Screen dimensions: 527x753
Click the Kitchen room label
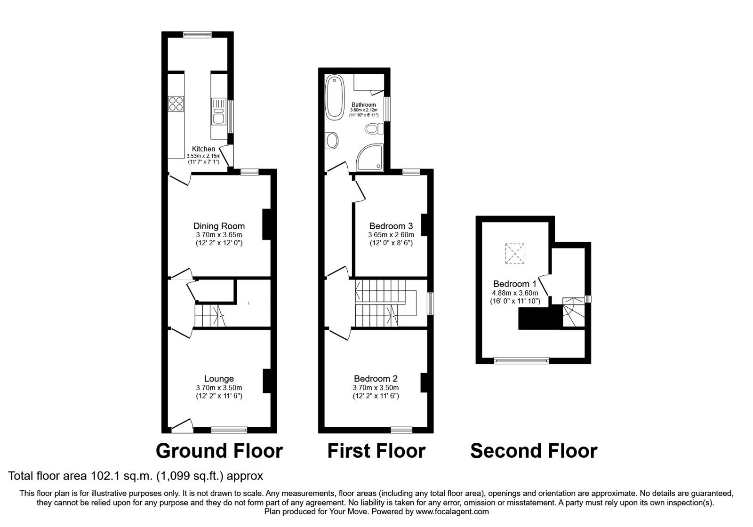coord(203,149)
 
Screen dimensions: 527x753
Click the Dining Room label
coord(219,226)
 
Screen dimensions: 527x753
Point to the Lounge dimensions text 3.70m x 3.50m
coord(219,388)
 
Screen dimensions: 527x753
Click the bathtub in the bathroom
coord(335,96)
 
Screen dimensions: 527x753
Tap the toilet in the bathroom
coord(374,128)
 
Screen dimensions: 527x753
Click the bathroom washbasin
coord(331,140)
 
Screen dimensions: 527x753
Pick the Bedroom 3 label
coord(391,225)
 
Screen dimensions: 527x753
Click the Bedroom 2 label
coord(376,378)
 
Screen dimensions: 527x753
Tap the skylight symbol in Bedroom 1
coord(514,254)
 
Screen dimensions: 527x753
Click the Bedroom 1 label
coord(514,284)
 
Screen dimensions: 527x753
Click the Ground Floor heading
coord(219,451)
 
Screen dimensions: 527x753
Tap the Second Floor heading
coord(534,451)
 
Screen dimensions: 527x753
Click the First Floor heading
coord(376,451)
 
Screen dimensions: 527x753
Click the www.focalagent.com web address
coord(451,511)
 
